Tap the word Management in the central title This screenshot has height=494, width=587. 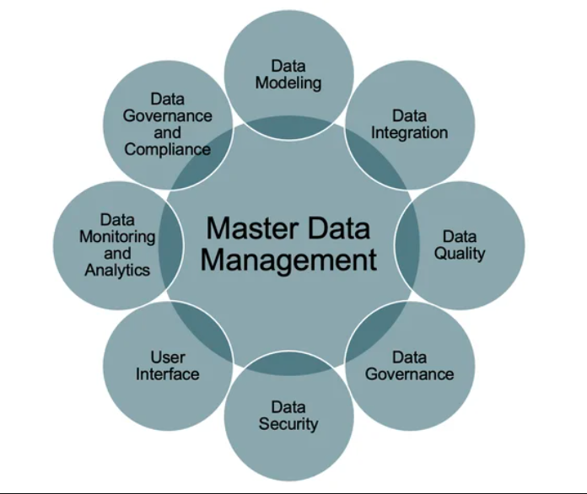[288, 259]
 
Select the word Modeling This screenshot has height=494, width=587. [288, 83]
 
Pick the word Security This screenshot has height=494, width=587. [288, 423]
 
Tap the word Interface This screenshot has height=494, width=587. [168, 373]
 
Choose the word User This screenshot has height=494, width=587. [168, 357]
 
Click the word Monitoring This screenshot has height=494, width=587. [117, 237]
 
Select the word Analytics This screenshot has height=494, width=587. [117, 271]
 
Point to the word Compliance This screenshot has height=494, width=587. [167, 149]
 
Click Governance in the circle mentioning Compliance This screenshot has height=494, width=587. [167, 115]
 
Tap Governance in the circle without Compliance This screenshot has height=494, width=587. [409, 373]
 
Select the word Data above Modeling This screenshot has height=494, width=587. [288, 66]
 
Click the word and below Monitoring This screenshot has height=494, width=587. [117, 254]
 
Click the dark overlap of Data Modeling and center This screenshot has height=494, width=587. [288, 127]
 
